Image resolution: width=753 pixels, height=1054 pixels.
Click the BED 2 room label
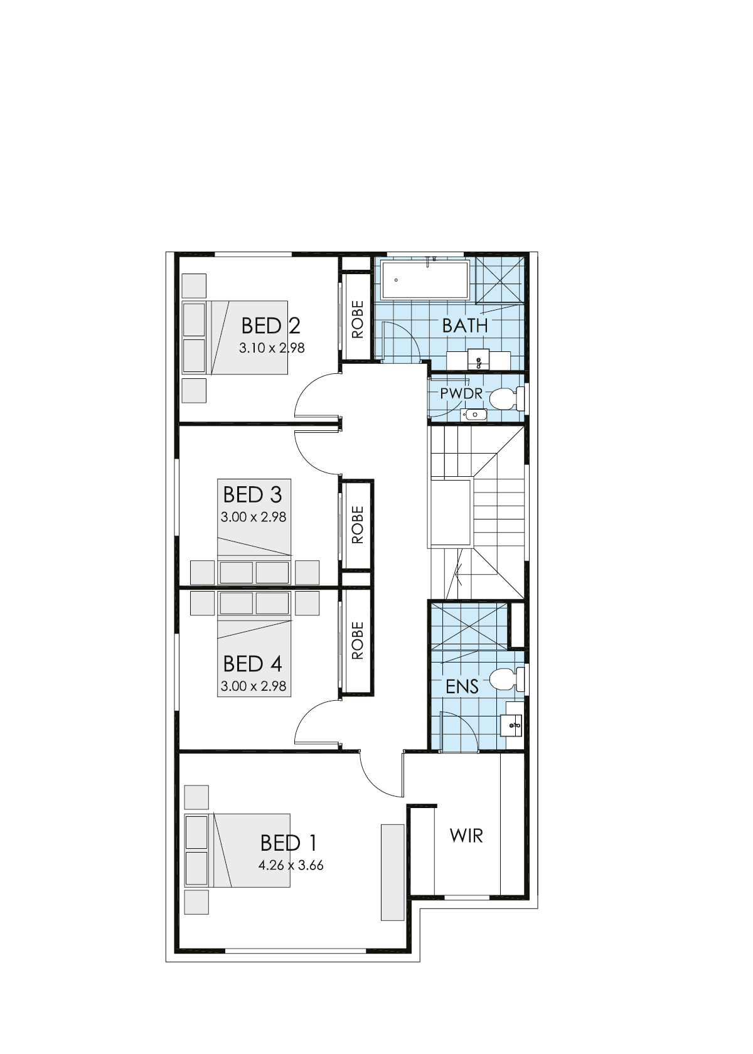coord(270,326)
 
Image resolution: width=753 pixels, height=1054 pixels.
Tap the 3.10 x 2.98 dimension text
coord(272,348)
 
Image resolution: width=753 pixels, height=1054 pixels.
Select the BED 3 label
coord(252,494)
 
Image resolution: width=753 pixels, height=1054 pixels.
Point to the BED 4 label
coord(252,663)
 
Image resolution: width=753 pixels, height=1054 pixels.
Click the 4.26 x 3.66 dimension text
coord(291,865)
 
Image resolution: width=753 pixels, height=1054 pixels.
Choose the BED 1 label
coord(289,842)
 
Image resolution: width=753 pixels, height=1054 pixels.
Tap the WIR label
coord(466,836)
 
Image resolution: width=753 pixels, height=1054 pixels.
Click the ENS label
coord(462,686)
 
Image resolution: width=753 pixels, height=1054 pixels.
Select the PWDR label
coord(461,394)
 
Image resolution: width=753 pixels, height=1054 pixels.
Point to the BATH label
coord(464,326)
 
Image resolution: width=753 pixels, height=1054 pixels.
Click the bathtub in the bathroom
coord(425,280)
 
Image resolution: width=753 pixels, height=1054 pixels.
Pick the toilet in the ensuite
coord(506,679)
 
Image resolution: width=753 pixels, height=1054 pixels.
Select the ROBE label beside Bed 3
coord(358,524)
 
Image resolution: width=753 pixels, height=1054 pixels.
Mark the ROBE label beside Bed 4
coord(358,641)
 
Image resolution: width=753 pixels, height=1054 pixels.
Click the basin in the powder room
coord(476,413)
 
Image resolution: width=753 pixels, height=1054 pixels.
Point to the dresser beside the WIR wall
coord(393,871)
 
